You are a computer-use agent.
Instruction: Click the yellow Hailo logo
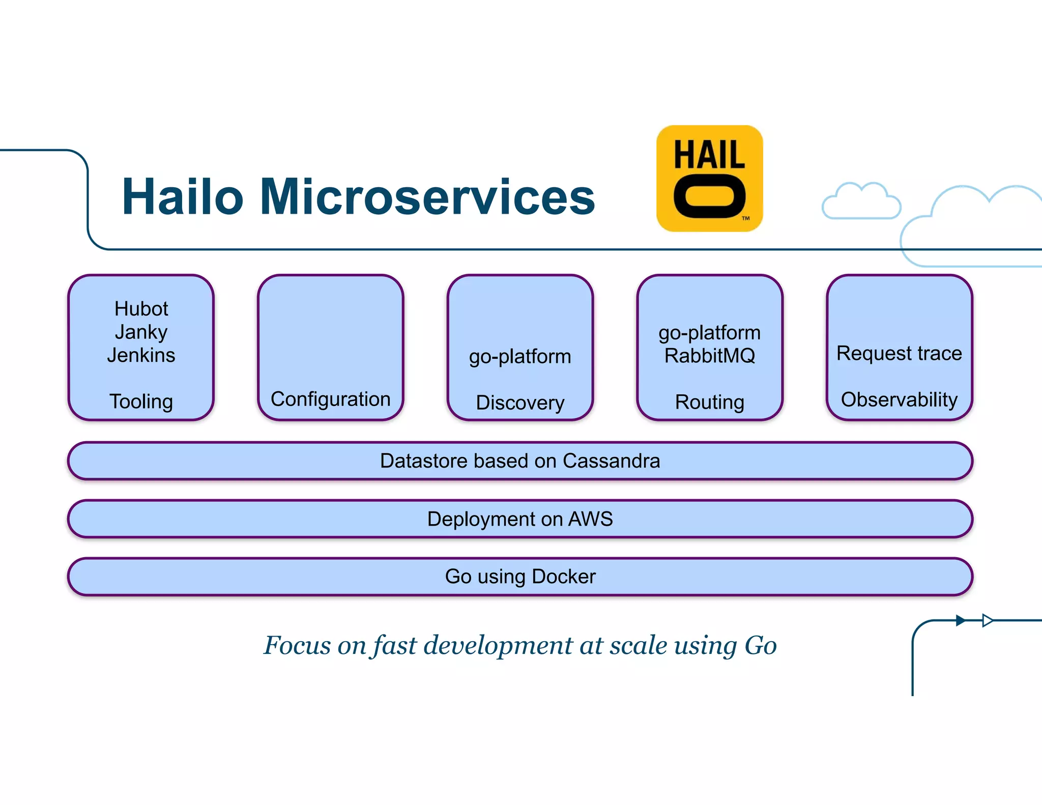point(709,179)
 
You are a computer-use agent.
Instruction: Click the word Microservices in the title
point(427,197)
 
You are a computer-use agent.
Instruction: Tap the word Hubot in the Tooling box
point(141,309)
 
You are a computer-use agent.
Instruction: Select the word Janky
point(141,332)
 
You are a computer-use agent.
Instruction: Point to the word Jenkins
point(141,355)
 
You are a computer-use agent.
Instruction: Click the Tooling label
point(141,401)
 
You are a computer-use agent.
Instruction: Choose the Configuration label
point(330,399)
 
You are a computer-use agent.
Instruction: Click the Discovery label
point(520,402)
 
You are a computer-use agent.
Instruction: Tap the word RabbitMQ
point(709,356)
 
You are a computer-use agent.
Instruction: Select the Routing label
point(709,402)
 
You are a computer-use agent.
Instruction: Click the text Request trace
point(899,353)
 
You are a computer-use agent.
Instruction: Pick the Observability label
point(899,399)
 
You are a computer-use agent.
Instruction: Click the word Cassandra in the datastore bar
point(611,461)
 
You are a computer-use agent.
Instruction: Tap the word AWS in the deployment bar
point(590,519)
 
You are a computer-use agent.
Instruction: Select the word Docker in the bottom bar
point(563,577)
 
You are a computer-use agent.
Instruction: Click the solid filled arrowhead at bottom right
point(960,620)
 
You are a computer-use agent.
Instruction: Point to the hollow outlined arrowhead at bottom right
point(987,620)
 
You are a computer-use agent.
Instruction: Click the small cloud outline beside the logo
point(861,202)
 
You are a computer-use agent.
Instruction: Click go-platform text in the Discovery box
point(520,357)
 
